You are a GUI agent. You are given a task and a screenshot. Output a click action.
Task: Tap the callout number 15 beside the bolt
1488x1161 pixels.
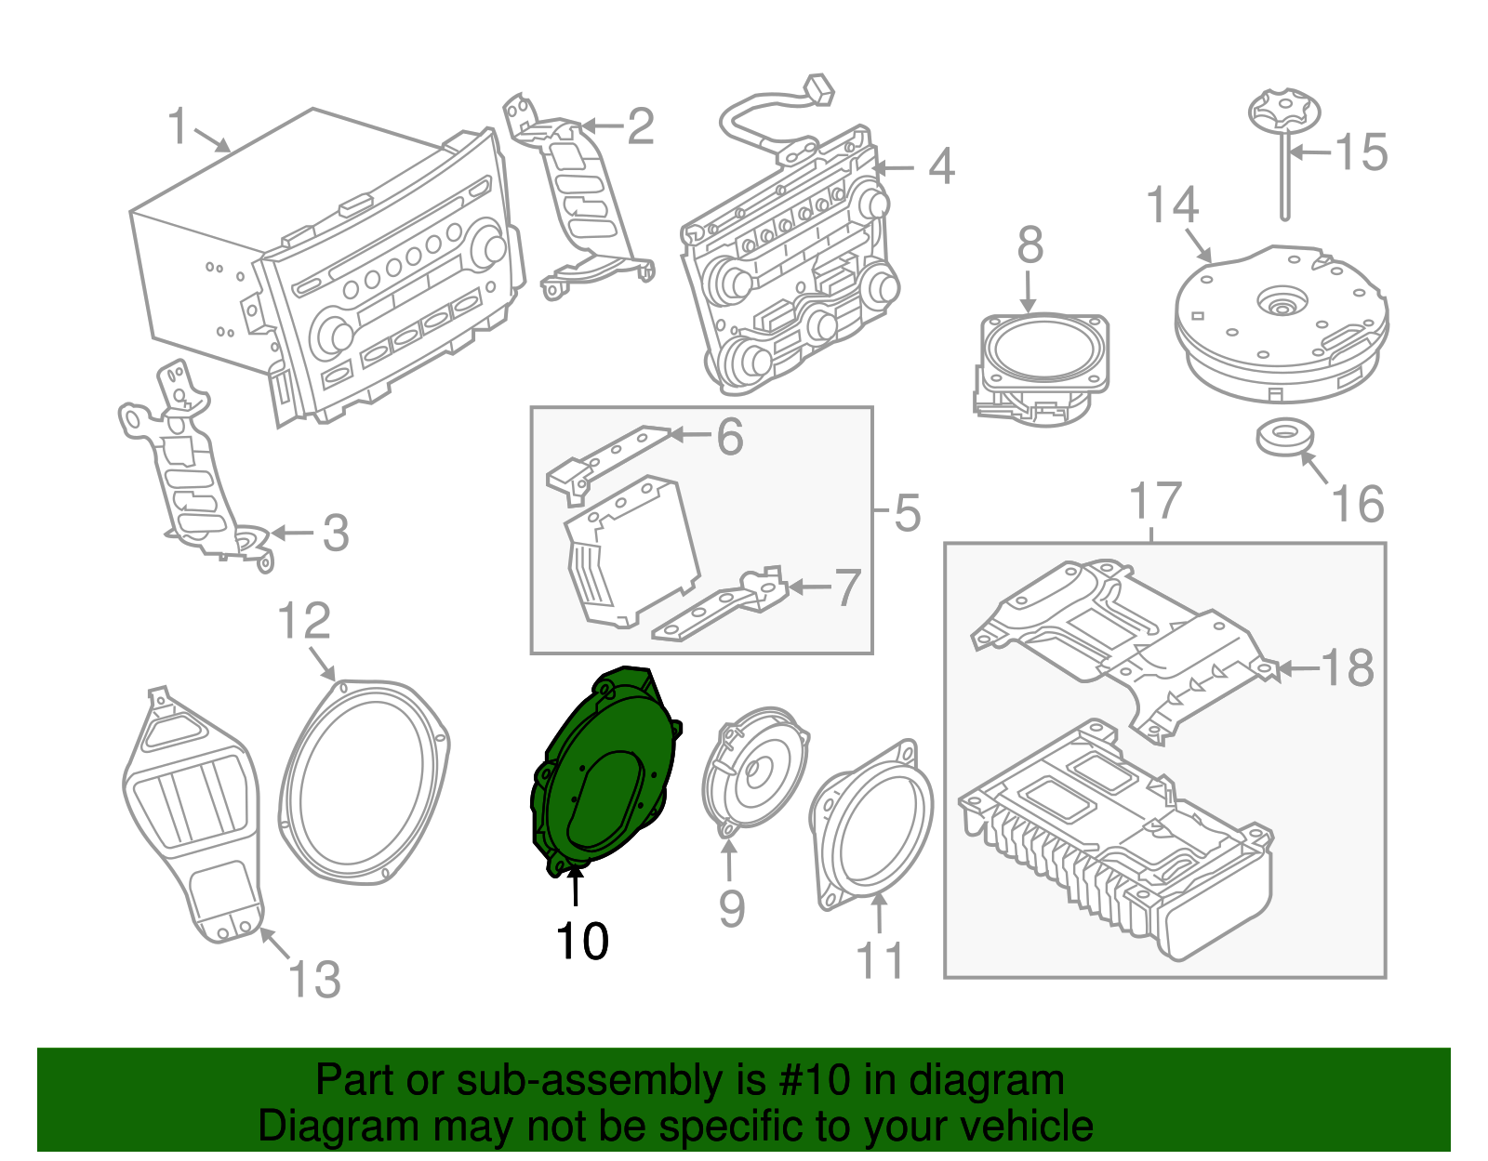pos(1362,152)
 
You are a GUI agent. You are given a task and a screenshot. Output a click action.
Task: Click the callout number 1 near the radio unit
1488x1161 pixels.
pos(178,126)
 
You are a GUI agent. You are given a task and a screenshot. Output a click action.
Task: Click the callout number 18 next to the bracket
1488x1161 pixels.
pos(1347,667)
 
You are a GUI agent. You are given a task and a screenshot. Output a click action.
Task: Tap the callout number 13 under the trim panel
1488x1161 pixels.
pos(314,980)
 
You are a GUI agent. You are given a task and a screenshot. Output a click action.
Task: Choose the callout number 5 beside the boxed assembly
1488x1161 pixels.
pos(907,513)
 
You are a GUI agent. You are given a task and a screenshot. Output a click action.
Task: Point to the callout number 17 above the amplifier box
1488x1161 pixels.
pos(1155,502)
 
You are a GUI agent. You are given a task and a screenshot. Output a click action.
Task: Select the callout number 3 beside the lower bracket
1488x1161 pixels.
pos(335,534)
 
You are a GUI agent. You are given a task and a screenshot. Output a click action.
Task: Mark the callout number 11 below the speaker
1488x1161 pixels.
pos(880,961)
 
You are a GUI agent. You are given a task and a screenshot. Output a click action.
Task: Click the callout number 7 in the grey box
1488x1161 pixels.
pos(846,587)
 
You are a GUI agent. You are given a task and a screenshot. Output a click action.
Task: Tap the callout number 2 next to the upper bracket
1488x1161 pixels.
pos(640,126)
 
